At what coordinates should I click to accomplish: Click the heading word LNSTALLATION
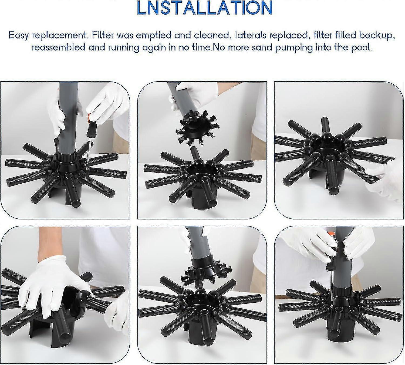pos(204,8)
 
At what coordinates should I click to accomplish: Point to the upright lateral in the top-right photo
pos(326,125)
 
